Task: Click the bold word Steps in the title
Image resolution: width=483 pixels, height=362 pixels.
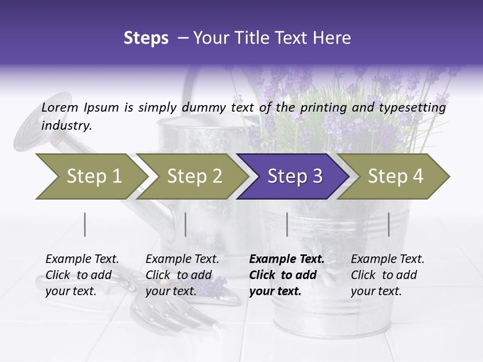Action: pyautogui.click(x=146, y=38)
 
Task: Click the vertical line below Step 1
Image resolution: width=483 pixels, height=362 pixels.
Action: pyautogui.click(x=85, y=224)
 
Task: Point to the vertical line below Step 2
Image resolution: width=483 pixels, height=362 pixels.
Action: pyautogui.click(x=186, y=224)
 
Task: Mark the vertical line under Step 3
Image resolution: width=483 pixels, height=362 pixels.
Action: pyautogui.click(x=287, y=224)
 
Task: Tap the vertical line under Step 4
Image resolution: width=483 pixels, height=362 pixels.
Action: pyautogui.click(x=388, y=224)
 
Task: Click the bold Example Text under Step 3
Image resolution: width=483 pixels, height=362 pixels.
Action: pyautogui.click(x=287, y=259)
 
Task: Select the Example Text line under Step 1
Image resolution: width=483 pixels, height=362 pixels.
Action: pyautogui.click(x=82, y=259)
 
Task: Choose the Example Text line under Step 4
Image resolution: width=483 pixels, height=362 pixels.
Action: pyautogui.click(x=387, y=259)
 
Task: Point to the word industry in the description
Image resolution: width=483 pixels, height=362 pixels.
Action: pyautogui.click(x=66, y=126)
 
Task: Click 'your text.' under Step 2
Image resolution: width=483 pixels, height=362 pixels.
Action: pyautogui.click(x=171, y=291)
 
